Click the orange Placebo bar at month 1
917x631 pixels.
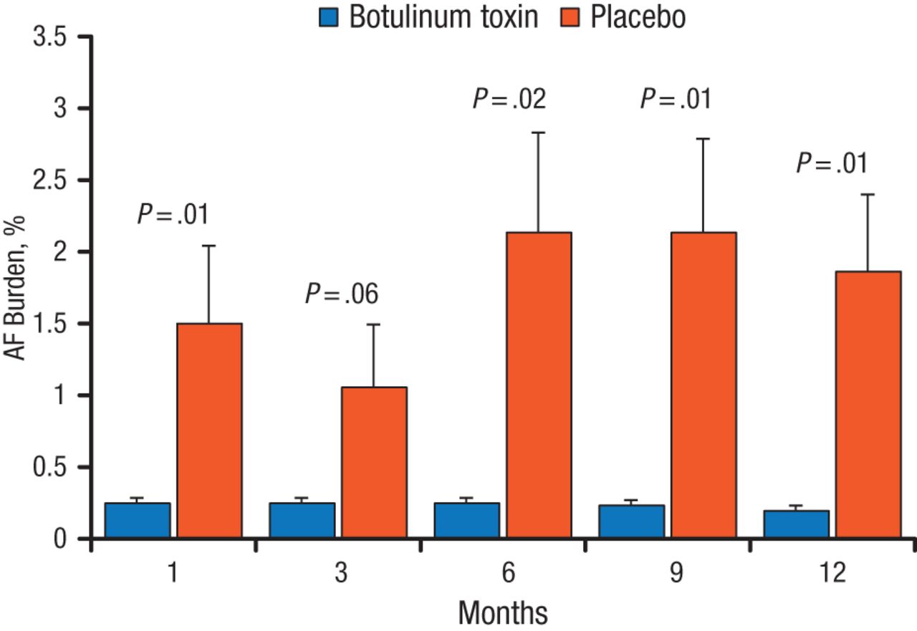pos(209,430)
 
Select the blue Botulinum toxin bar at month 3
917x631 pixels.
pos(302,519)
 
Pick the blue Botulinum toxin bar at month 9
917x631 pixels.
pos(631,521)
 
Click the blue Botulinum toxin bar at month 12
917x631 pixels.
pos(796,524)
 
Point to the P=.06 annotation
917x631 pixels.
pos(342,294)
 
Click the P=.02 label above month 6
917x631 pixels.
pos(509,99)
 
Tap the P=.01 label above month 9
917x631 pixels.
pos(676,99)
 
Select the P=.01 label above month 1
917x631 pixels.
pos(173,214)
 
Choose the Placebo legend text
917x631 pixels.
pos(638,17)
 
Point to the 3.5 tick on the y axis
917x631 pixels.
pos(51,37)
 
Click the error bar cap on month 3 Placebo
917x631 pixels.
pos(374,324)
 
